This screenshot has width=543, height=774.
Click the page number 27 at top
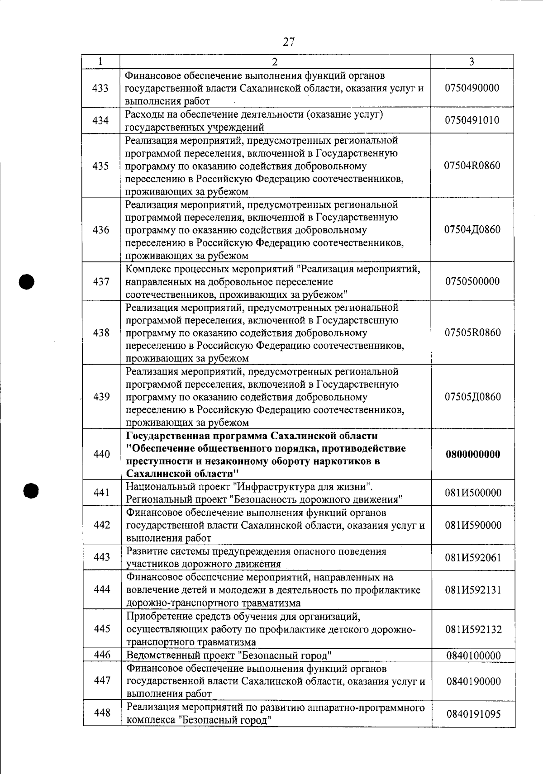(x=289, y=42)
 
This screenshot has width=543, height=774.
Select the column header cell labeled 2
(x=275, y=62)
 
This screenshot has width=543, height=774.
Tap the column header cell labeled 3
(x=472, y=62)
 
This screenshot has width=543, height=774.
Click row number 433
(x=100, y=88)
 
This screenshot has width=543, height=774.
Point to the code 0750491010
(x=472, y=120)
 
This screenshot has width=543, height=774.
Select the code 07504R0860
(x=472, y=166)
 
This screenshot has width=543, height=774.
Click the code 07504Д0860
(x=472, y=230)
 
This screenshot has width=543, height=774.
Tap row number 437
(x=100, y=282)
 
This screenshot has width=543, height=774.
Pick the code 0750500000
(x=472, y=282)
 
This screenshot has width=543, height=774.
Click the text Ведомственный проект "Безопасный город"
(x=229, y=655)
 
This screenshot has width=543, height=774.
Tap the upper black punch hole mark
(x=27, y=281)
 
